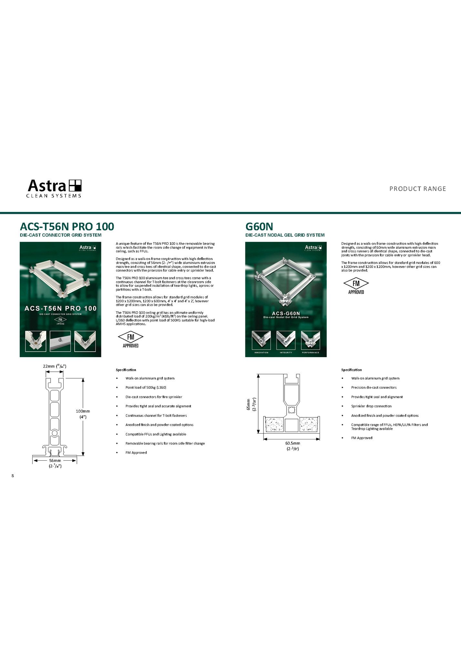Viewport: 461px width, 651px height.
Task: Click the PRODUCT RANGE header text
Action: tap(417, 189)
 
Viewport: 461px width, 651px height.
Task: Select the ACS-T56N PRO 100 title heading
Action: tap(67, 226)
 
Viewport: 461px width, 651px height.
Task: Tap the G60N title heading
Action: tap(259, 226)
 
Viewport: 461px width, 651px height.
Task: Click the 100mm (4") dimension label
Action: tap(83, 414)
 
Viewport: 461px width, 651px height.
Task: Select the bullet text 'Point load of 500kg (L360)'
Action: tap(146, 387)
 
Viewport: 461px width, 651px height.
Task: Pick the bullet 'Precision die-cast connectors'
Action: tap(374, 387)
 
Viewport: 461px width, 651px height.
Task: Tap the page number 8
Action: tap(13, 476)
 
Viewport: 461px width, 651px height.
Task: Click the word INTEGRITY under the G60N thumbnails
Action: tap(286, 353)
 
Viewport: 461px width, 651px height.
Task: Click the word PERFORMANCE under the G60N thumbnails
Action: tap(311, 353)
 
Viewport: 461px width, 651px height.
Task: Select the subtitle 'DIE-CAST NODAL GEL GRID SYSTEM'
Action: tap(285, 235)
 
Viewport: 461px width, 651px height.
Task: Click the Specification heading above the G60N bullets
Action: tap(351, 370)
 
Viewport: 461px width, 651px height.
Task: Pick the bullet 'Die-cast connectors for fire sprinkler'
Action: tap(154, 397)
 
